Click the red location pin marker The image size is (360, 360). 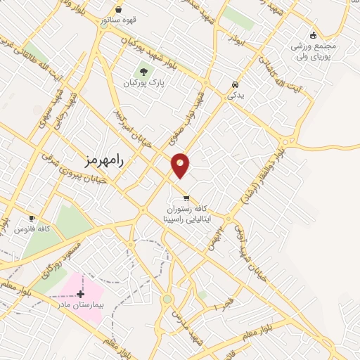coord(181,165)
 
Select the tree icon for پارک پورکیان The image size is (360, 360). coord(143,72)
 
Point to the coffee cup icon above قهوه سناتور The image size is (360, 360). coord(117,9)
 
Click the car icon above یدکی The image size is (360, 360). coord(233,85)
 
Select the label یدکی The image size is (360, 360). coord(233,96)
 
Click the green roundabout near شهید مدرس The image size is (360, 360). coord(167,300)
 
